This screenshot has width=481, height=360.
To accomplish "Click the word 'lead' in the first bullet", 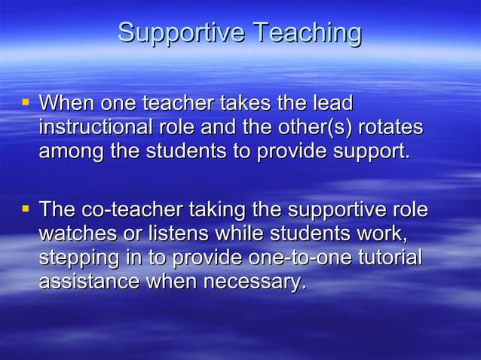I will [x=333, y=102].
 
